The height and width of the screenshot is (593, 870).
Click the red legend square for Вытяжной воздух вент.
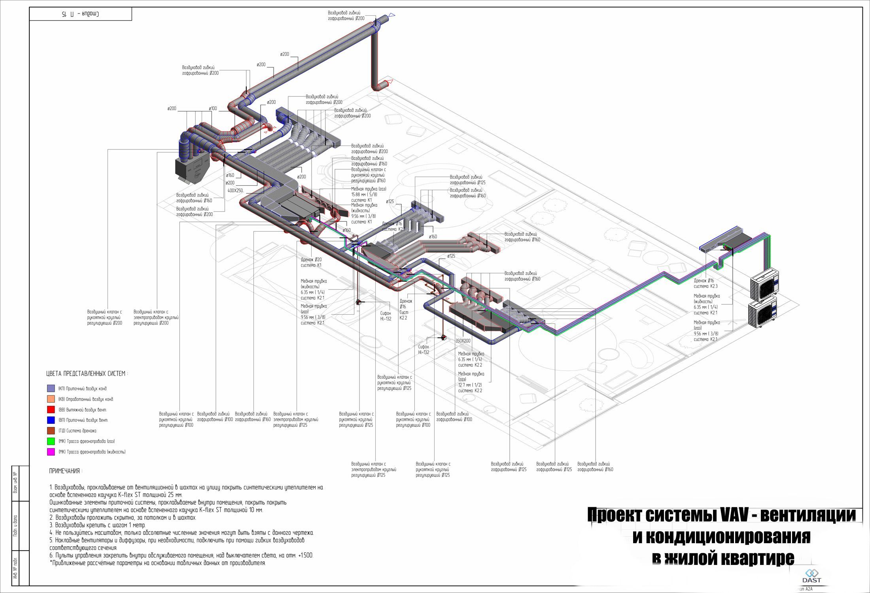tap(51, 410)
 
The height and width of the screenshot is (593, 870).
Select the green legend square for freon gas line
tap(51, 441)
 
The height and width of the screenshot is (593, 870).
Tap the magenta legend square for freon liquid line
tap(51, 452)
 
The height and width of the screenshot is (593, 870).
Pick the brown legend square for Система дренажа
tap(51, 431)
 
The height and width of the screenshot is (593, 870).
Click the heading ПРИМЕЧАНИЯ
tap(66, 471)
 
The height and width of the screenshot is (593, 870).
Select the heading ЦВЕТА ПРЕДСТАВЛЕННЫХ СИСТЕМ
tap(87, 374)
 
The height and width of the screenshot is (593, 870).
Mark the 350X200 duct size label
tap(463, 340)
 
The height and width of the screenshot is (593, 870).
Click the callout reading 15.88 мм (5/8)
tap(364, 195)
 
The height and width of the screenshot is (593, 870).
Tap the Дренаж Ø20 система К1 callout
tap(311, 262)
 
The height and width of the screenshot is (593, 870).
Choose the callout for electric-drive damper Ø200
tap(156, 317)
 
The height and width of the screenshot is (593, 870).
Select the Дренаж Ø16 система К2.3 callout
tap(705, 283)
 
